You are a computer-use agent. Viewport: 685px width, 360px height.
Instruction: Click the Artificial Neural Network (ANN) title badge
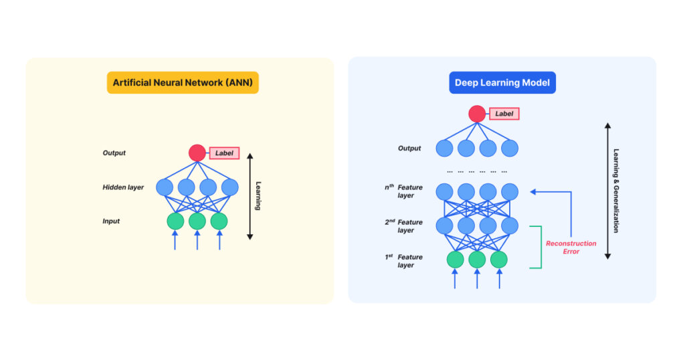click(183, 83)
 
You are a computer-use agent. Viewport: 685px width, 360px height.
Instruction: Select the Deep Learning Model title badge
click(502, 83)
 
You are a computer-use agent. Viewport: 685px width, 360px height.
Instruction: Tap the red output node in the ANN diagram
click(197, 153)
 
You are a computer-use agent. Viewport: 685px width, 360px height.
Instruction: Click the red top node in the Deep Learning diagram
click(477, 114)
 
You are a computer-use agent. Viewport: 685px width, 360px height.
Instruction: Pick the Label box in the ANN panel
click(224, 153)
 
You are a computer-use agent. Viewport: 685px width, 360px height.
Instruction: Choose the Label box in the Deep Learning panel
click(504, 114)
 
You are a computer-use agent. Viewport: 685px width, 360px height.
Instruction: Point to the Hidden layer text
click(123, 187)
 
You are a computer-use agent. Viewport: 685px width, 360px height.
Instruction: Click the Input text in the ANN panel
click(111, 221)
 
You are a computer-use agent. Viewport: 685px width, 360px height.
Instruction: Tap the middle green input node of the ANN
click(197, 221)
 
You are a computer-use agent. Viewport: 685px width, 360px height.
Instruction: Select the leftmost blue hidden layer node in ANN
click(165, 187)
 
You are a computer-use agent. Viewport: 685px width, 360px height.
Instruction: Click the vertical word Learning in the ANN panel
click(258, 196)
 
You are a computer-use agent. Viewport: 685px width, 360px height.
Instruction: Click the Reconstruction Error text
click(571, 248)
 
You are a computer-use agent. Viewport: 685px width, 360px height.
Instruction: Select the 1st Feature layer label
click(404, 261)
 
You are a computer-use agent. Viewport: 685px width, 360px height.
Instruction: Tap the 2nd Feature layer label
click(404, 226)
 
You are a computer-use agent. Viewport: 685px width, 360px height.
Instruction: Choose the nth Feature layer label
click(404, 191)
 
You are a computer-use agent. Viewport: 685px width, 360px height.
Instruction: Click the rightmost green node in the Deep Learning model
click(499, 259)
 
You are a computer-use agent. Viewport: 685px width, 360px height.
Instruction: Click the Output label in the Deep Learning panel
click(409, 149)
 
